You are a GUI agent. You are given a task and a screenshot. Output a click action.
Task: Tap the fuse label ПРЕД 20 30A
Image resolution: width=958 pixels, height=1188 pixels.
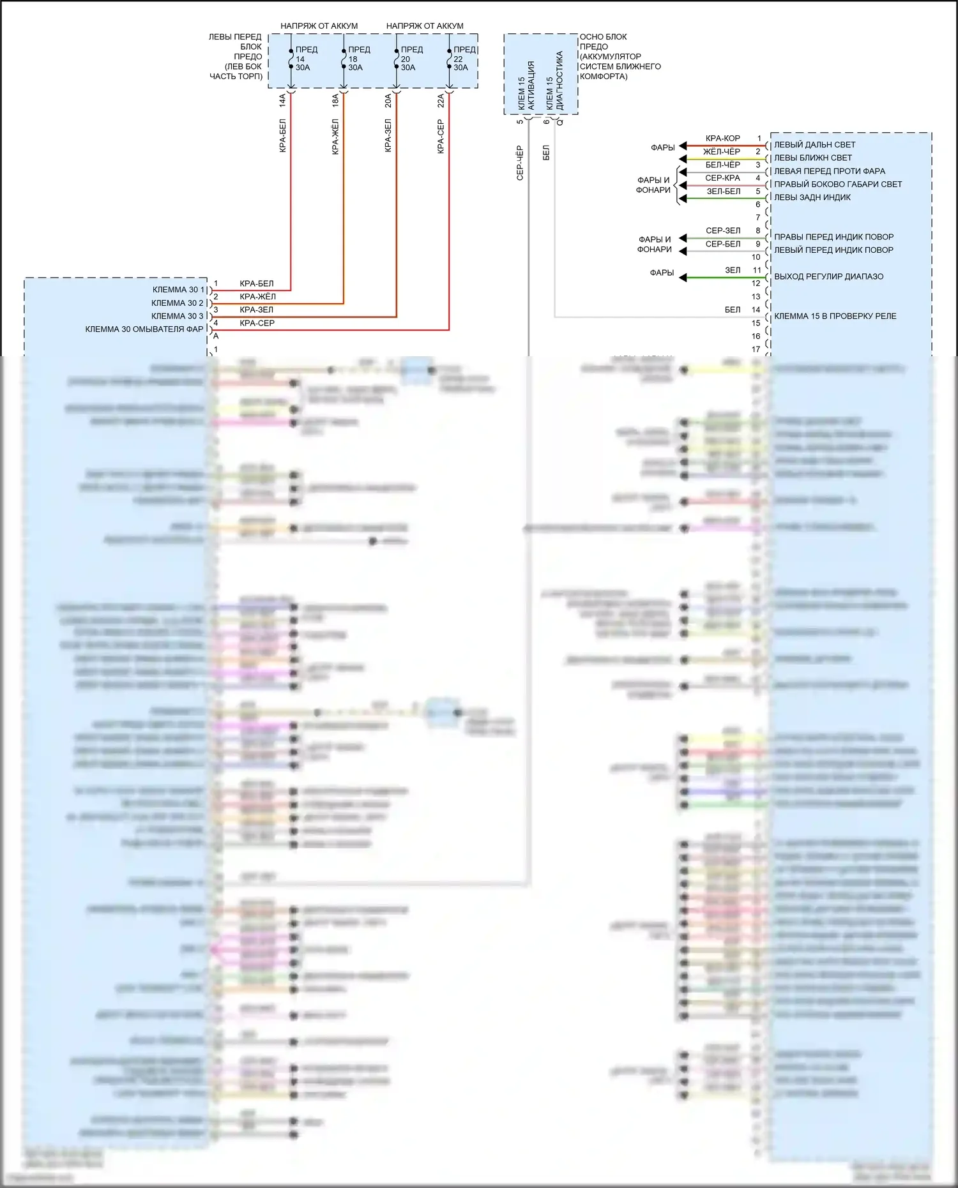click(410, 59)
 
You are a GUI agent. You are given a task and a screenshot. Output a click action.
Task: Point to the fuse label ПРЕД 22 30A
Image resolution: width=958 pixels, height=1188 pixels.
click(463, 59)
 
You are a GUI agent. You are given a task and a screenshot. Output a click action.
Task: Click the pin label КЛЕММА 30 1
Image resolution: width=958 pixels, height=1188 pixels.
click(178, 290)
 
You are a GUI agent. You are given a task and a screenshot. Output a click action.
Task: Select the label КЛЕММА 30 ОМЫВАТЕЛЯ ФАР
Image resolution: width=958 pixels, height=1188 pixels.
click(144, 329)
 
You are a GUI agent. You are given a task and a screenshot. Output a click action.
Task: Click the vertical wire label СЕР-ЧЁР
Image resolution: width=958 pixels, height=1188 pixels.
click(520, 163)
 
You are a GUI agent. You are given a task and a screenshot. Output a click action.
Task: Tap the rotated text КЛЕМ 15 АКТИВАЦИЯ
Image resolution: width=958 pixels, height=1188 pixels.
click(526, 86)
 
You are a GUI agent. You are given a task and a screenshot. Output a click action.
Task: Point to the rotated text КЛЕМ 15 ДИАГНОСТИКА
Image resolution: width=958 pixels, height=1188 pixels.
click(554, 81)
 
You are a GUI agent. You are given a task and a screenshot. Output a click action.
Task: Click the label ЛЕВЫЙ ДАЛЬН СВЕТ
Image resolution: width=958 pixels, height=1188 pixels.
click(814, 145)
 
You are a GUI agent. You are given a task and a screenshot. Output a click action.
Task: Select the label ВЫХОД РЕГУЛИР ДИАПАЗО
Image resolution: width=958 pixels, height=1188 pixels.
click(828, 276)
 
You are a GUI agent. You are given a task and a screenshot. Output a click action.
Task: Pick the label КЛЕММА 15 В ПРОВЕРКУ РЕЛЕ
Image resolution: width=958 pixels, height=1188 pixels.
click(835, 316)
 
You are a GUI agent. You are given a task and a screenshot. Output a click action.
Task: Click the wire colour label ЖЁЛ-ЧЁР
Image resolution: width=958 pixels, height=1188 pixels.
click(722, 152)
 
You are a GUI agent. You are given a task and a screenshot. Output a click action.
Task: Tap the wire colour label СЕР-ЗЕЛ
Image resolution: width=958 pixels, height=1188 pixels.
click(723, 230)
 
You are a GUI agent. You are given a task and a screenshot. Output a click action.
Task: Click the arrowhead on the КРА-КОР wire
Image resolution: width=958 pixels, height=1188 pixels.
click(683, 146)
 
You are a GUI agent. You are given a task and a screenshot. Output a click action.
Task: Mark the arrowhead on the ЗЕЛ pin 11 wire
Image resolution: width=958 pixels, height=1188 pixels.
click(683, 278)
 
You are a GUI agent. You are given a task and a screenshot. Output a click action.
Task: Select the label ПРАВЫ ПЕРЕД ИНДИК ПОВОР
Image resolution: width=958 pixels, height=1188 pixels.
click(833, 237)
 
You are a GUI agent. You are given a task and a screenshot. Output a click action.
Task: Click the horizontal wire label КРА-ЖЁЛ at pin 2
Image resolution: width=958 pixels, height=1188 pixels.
click(257, 297)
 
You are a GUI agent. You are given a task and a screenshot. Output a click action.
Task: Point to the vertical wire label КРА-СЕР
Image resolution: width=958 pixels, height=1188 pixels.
click(441, 137)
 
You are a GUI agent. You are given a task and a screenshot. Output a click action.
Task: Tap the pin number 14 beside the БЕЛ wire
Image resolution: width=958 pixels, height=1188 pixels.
click(756, 310)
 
